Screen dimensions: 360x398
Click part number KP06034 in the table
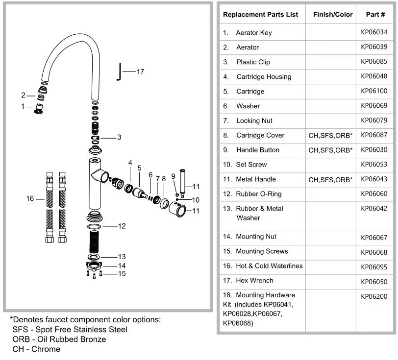pos(373,33)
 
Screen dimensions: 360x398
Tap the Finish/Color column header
pos(333,14)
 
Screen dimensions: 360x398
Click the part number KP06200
pos(373,296)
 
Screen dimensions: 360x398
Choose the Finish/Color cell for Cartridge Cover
pos(330,136)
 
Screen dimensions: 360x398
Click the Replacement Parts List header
pos(260,14)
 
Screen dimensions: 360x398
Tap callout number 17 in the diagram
pos(140,72)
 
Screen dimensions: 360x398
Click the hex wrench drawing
pos(118,72)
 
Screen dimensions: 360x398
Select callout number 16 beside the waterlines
pos(30,198)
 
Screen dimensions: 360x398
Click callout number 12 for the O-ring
pos(122,226)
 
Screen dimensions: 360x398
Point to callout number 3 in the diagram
pos(119,137)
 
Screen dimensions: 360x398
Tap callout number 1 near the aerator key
pos(23,106)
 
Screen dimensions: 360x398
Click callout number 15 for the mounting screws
pos(122,274)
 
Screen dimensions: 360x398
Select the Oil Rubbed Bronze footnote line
pos(59,339)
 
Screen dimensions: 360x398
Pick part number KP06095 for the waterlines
pos(373,267)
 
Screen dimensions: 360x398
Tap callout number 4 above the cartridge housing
pos(130,163)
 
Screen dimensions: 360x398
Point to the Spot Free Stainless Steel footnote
pos(70,329)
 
